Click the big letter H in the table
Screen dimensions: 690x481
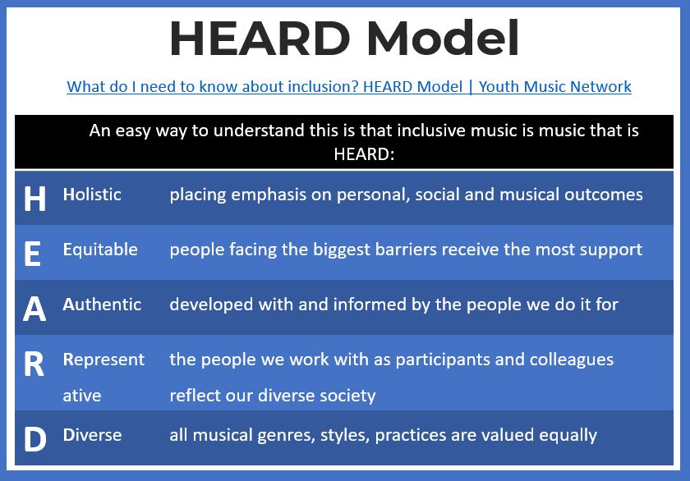34,199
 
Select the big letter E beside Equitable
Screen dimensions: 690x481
33,254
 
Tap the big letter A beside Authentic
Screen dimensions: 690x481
34,309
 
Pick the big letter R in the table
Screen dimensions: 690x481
34,364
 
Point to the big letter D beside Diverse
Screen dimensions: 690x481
35,439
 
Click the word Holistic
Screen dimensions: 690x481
92,195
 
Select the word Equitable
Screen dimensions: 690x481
100,250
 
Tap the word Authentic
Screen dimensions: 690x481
102,305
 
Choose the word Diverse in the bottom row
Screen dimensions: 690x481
92,435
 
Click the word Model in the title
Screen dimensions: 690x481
443,39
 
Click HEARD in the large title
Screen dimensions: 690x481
260,39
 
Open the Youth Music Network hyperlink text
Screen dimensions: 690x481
555,87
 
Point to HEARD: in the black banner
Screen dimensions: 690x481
364,154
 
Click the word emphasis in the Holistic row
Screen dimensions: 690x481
269,195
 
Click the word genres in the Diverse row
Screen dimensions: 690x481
286,436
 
